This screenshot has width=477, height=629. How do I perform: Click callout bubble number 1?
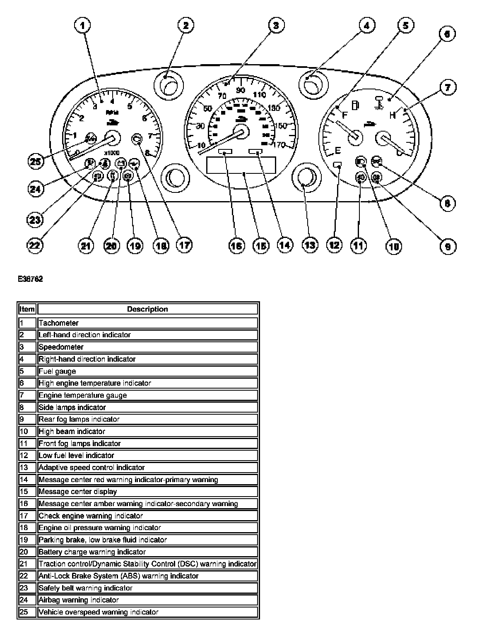(82, 26)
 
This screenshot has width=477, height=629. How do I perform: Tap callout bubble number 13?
(310, 245)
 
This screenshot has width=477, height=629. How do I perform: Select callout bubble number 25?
(36, 161)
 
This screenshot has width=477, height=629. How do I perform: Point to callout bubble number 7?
(448, 88)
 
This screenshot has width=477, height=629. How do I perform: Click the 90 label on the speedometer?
(240, 90)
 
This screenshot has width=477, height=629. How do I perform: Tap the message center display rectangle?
(241, 166)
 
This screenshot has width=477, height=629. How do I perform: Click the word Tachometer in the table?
(58, 323)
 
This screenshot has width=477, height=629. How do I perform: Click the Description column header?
(147, 309)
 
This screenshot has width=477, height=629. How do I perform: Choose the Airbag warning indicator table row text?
(79, 600)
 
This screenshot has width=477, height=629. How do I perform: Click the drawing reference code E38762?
(30, 279)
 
